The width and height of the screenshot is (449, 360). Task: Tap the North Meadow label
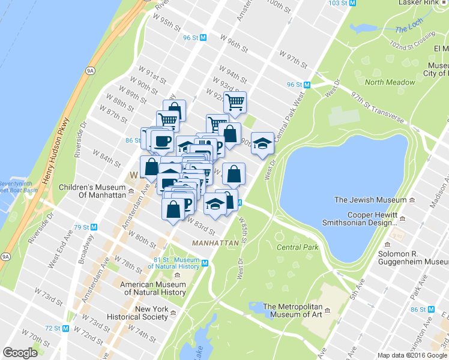pyautogui.click(x=390, y=82)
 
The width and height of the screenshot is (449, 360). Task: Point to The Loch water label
pyautogui.click(x=409, y=29)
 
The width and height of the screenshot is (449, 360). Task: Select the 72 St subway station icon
pyautogui.click(x=66, y=328)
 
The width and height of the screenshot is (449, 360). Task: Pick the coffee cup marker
pyautogui.click(x=162, y=142)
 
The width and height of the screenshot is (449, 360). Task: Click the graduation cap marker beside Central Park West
pyautogui.click(x=262, y=143)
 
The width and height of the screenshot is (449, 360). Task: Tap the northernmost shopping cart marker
pyautogui.click(x=235, y=101)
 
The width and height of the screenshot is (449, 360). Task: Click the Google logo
pyautogui.click(x=20, y=353)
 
